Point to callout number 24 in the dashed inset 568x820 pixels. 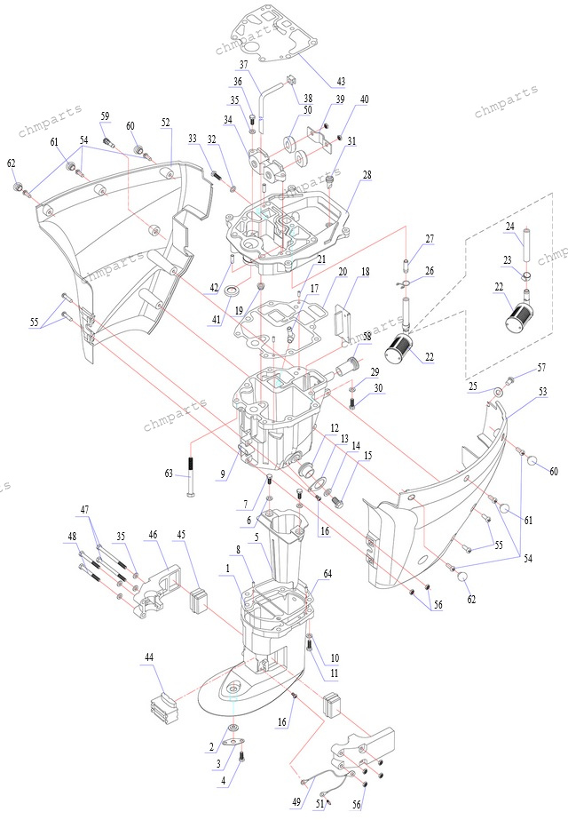[510, 227]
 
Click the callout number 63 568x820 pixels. [169, 474]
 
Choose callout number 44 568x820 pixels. [149, 657]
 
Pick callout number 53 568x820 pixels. [543, 391]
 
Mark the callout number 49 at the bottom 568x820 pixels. [296, 802]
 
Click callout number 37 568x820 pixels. [242, 65]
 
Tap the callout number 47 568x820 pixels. [85, 510]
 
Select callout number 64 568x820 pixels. [327, 574]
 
